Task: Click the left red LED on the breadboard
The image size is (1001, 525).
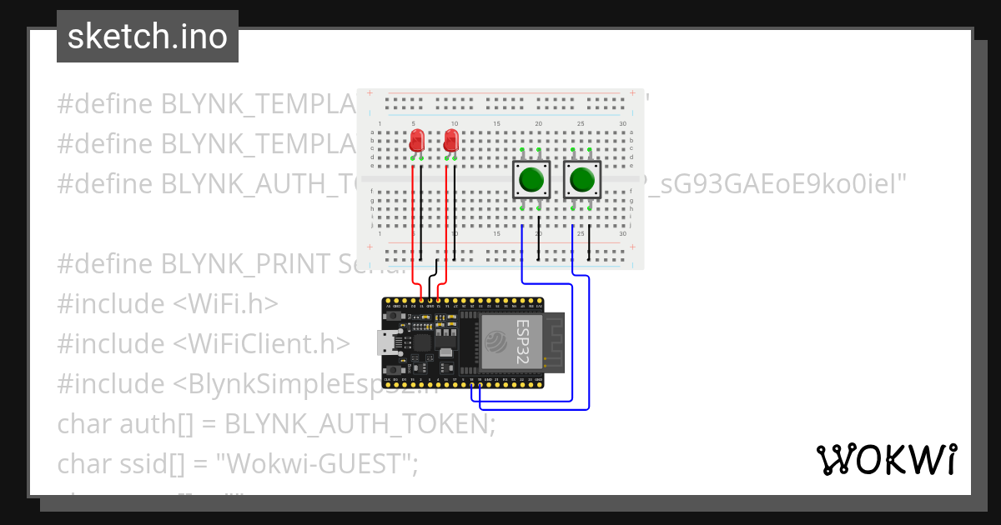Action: point(416,140)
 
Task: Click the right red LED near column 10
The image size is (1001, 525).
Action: point(451,140)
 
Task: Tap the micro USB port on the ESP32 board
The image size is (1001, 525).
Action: point(385,342)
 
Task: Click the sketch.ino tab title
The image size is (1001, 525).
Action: point(148,37)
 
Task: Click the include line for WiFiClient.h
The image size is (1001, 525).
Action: point(204,343)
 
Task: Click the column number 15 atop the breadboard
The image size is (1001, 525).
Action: point(497,124)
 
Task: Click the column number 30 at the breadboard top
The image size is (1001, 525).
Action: point(622,124)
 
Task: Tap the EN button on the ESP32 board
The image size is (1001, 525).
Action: point(392,317)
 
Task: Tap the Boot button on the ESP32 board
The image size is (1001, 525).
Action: point(392,367)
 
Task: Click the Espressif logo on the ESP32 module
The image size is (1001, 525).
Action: point(494,340)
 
